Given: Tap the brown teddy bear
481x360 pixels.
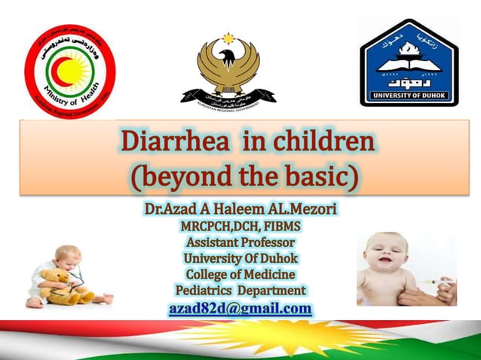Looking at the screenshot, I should [x=60, y=285].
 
